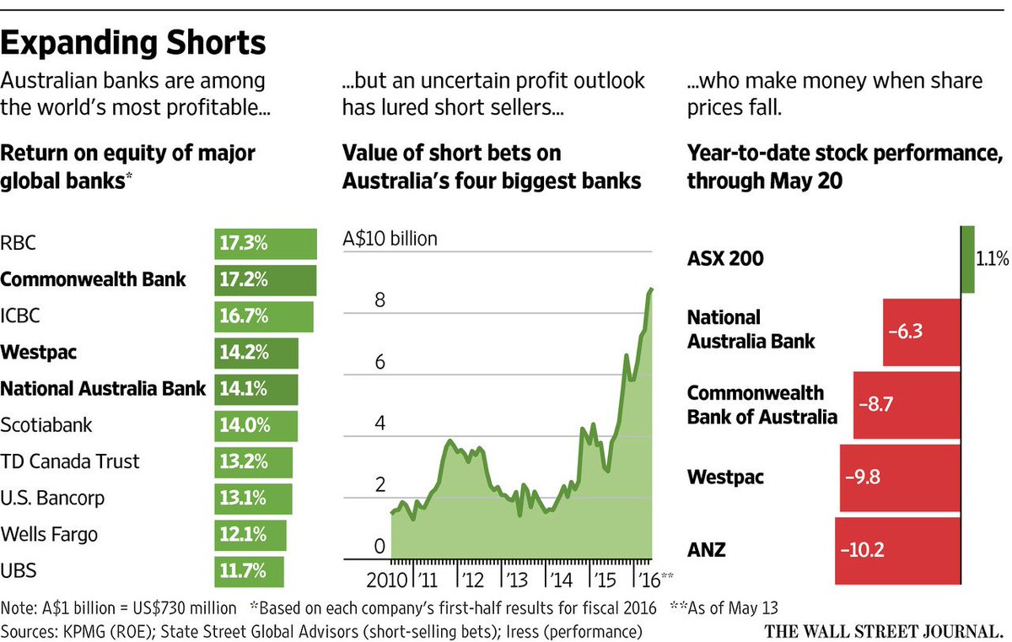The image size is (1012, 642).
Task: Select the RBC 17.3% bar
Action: (265, 244)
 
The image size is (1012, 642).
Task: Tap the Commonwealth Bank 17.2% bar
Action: (265, 279)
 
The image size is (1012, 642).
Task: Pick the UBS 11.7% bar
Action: (249, 571)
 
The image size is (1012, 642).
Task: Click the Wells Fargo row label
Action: (50, 534)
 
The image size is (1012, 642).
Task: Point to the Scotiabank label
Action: (46, 425)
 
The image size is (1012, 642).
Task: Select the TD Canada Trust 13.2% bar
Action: (253, 462)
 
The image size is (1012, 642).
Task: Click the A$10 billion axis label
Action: (390, 239)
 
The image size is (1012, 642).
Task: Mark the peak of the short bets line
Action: (650, 289)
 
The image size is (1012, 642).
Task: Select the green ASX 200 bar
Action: (967, 259)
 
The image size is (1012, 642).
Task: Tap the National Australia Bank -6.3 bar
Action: (921, 332)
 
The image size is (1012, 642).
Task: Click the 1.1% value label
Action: (993, 260)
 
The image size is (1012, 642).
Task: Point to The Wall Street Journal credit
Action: (883, 629)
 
